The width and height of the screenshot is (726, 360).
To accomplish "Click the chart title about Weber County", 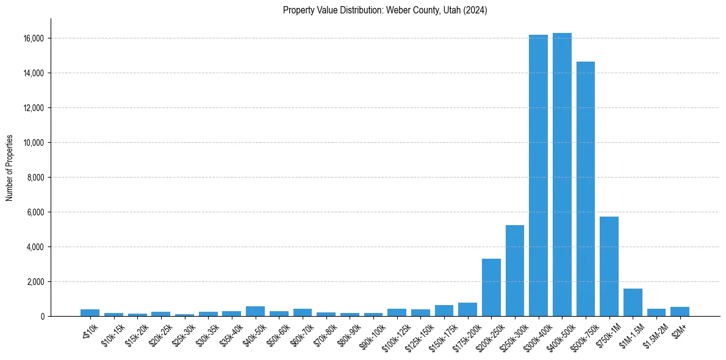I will [x=385, y=10].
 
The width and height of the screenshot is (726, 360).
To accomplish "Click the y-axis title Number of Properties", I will [x=10, y=168].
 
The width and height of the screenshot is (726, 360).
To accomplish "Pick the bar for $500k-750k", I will [x=585, y=189].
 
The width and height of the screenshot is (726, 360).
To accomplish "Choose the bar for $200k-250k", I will [x=491, y=287].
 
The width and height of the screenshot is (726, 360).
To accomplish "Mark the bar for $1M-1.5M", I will [x=633, y=303].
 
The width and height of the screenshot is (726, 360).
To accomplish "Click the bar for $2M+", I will [x=680, y=312].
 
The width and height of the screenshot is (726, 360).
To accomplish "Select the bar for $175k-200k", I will [x=467, y=309].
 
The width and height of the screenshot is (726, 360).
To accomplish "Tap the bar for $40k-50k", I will [x=255, y=311].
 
